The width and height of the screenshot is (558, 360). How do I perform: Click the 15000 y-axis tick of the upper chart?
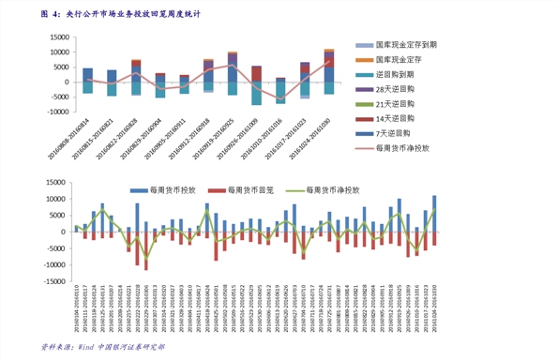(57, 37)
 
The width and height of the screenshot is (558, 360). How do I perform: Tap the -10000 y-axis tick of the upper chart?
(55, 111)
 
